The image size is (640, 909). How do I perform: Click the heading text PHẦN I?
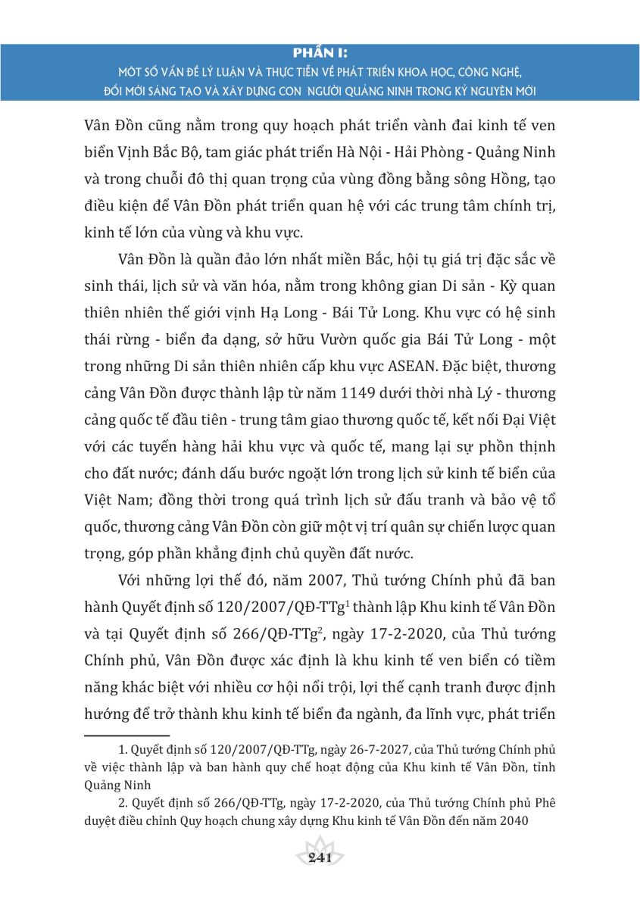[x=320, y=52]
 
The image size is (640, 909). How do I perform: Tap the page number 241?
[x=320, y=857]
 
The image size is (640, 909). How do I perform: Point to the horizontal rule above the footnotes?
[x=126, y=735]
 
